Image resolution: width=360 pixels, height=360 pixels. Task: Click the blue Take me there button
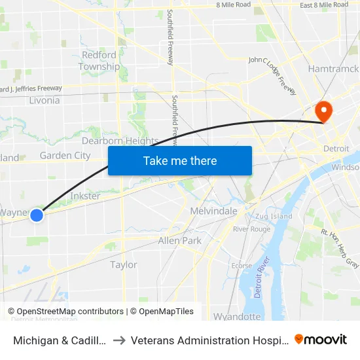(180, 160)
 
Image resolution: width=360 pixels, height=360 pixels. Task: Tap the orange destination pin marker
(324, 110)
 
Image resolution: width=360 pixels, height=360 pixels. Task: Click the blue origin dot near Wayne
(37, 215)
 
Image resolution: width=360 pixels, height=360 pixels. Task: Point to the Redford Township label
(99, 61)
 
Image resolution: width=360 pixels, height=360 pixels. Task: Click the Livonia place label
(45, 100)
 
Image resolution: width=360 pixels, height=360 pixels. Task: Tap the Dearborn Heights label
(120, 141)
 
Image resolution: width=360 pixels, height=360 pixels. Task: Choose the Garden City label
(65, 156)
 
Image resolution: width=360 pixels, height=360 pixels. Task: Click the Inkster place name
(85, 196)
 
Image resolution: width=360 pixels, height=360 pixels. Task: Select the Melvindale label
(213, 211)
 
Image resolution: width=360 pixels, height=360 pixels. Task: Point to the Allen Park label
(180, 241)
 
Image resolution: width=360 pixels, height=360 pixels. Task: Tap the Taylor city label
(124, 264)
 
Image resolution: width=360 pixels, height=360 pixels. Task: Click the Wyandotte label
(237, 316)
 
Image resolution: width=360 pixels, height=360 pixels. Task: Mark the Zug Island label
(274, 216)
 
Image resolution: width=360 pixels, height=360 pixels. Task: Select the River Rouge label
(251, 229)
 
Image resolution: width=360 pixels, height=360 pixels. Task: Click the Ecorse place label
(241, 265)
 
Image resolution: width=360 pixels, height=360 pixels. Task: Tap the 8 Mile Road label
(233, 5)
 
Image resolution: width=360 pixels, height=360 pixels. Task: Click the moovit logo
(321, 340)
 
